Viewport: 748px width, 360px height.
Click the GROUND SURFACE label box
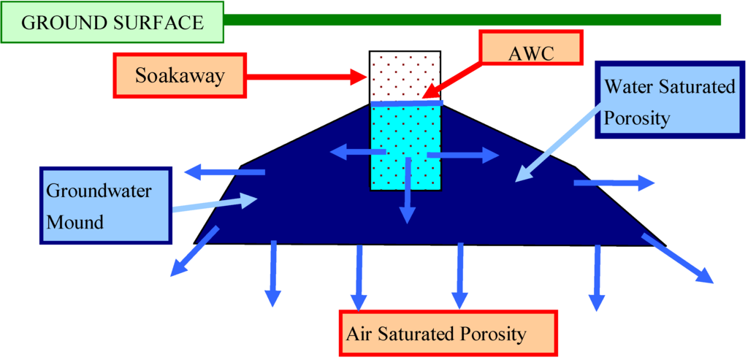point(112,23)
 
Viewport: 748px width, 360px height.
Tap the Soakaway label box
point(179,75)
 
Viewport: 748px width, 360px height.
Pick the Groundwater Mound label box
point(104,205)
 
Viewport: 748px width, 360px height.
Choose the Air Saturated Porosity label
point(448,334)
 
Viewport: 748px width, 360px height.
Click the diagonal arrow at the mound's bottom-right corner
point(677,258)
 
